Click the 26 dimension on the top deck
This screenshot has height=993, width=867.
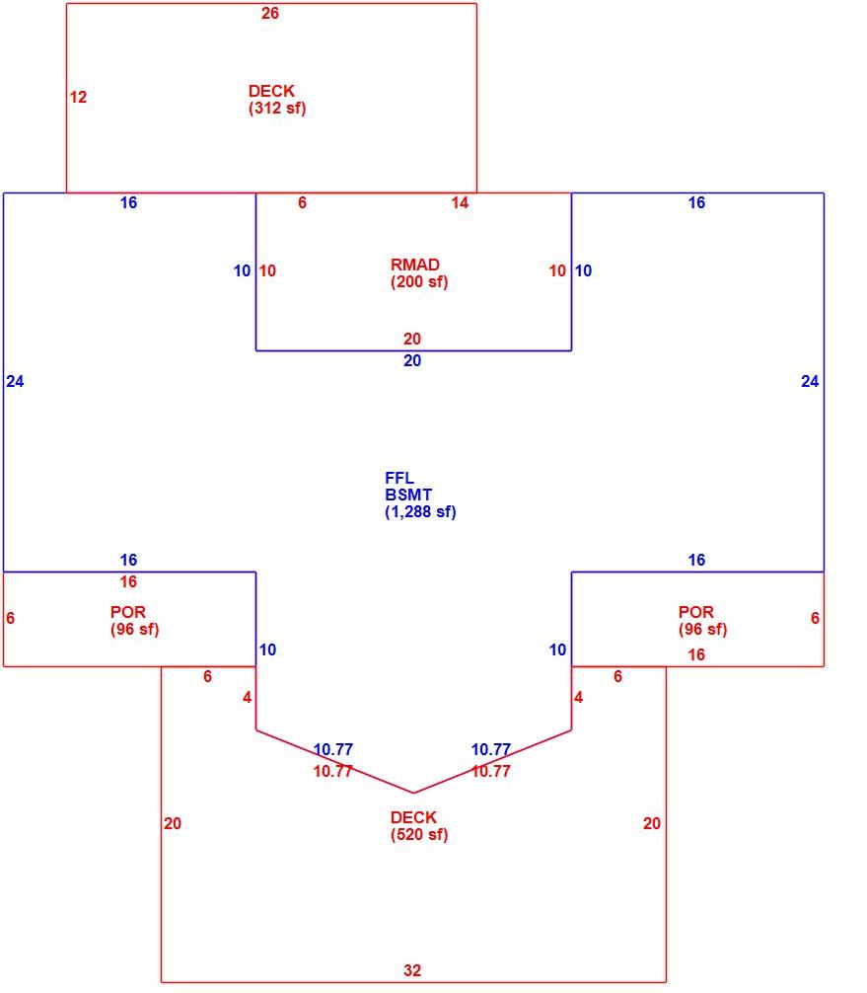(270, 13)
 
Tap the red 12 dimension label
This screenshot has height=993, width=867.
(78, 97)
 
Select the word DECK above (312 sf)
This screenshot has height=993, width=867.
(271, 91)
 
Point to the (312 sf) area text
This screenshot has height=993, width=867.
(277, 109)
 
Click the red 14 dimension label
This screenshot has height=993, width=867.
(460, 202)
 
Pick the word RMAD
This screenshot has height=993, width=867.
(415, 265)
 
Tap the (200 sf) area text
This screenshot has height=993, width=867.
(419, 282)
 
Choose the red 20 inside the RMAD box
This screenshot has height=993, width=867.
(412, 339)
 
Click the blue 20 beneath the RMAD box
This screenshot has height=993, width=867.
(412, 360)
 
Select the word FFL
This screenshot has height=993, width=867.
(399, 478)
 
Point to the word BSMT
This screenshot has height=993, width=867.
(408, 496)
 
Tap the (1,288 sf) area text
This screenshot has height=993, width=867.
(420, 511)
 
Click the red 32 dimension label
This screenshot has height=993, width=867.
(412, 970)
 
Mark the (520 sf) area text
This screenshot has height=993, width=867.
(419, 835)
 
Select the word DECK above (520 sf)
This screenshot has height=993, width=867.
(414, 817)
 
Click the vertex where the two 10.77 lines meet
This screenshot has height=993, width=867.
(414, 793)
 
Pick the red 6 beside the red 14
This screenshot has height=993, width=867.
(303, 202)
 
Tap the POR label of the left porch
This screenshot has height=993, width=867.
(128, 612)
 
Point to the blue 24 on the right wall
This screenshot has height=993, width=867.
(810, 381)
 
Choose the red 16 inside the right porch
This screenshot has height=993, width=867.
(696, 654)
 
